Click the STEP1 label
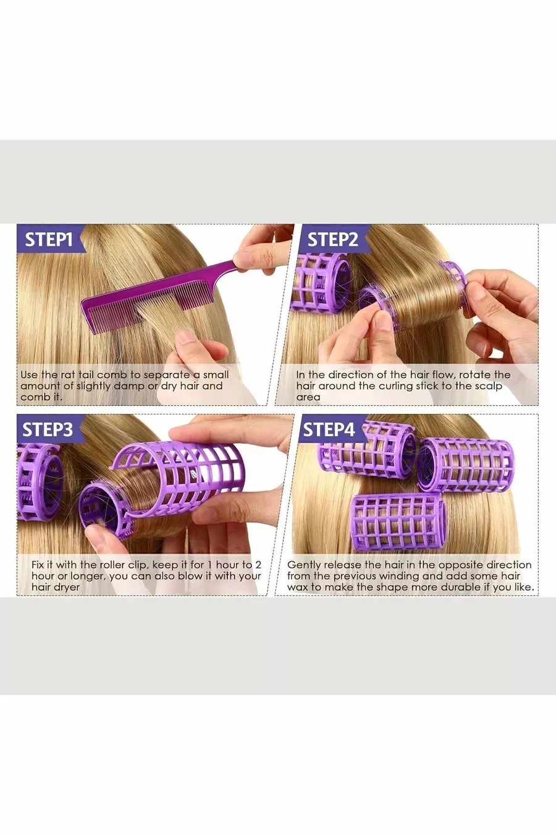(49, 240)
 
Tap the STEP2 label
(332, 240)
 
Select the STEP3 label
(48, 429)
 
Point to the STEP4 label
(329, 429)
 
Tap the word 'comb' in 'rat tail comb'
(112, 374)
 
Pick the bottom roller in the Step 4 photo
(397, 523)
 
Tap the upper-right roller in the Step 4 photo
(466, 465)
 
